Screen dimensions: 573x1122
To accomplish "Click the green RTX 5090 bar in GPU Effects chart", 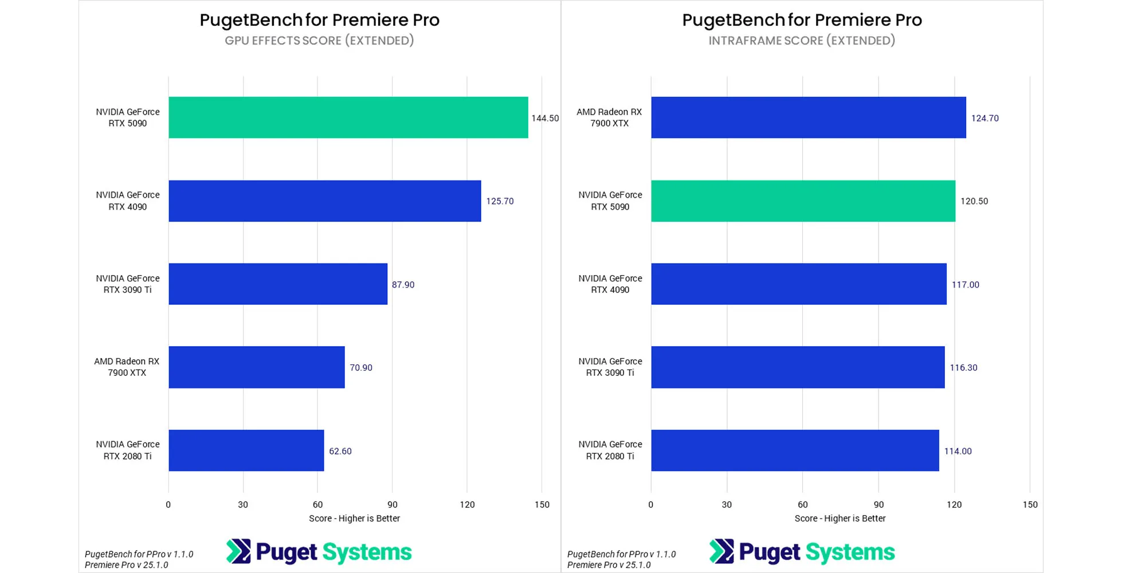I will pyautogui.click(x=348, y=117).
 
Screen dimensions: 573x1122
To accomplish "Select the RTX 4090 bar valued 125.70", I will pyautogui.click(x=324, y=201).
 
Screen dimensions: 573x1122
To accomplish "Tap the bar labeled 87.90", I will pyautogui.click(x=278, y=284).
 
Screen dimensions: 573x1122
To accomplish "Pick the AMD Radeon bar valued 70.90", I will pyautogui.click(x=256, y=367).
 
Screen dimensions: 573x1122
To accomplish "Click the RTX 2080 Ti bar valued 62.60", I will pyautogui.click(x=246, y=450).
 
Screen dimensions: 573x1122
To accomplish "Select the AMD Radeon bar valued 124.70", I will pyautogui.click(x=808, y=117).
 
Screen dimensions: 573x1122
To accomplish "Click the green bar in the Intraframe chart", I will pyautogui.click(x=803, y=201).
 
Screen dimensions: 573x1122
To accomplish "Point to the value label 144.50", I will pyautogui.click(x=544, y=118).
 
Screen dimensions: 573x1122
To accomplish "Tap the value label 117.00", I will pyautogui.click(x=965, y=285).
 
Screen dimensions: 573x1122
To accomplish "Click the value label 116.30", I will pyautogui.click(x=963, y=368).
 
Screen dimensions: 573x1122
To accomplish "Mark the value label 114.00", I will pyautogui.click(x=958, y=452).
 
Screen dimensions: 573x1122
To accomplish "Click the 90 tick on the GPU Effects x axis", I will pyautogui.click(x=392, y=505).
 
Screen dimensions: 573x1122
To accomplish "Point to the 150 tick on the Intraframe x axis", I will pyautogui.click(x=1030, y=505).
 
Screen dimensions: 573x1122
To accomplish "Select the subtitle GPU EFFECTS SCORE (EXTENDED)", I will pyautogui.click(x=319, y=41).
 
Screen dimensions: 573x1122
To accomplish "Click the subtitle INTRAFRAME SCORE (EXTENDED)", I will pyautogui.click(x=802, y=41).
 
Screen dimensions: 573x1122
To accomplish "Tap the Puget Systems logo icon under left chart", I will pyautogui.click(x=238, y=551).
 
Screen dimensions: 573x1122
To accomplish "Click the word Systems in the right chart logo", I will pyautogui.click(x=850, y=552).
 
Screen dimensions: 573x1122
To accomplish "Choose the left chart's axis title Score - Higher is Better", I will pyautogui.click(x=354, y=519).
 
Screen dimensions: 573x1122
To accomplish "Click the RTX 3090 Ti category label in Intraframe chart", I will pyautogui.click(x=610, y=367).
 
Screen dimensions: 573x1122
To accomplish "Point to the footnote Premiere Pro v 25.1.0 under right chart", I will pyautogui.click(x=609, y=565).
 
